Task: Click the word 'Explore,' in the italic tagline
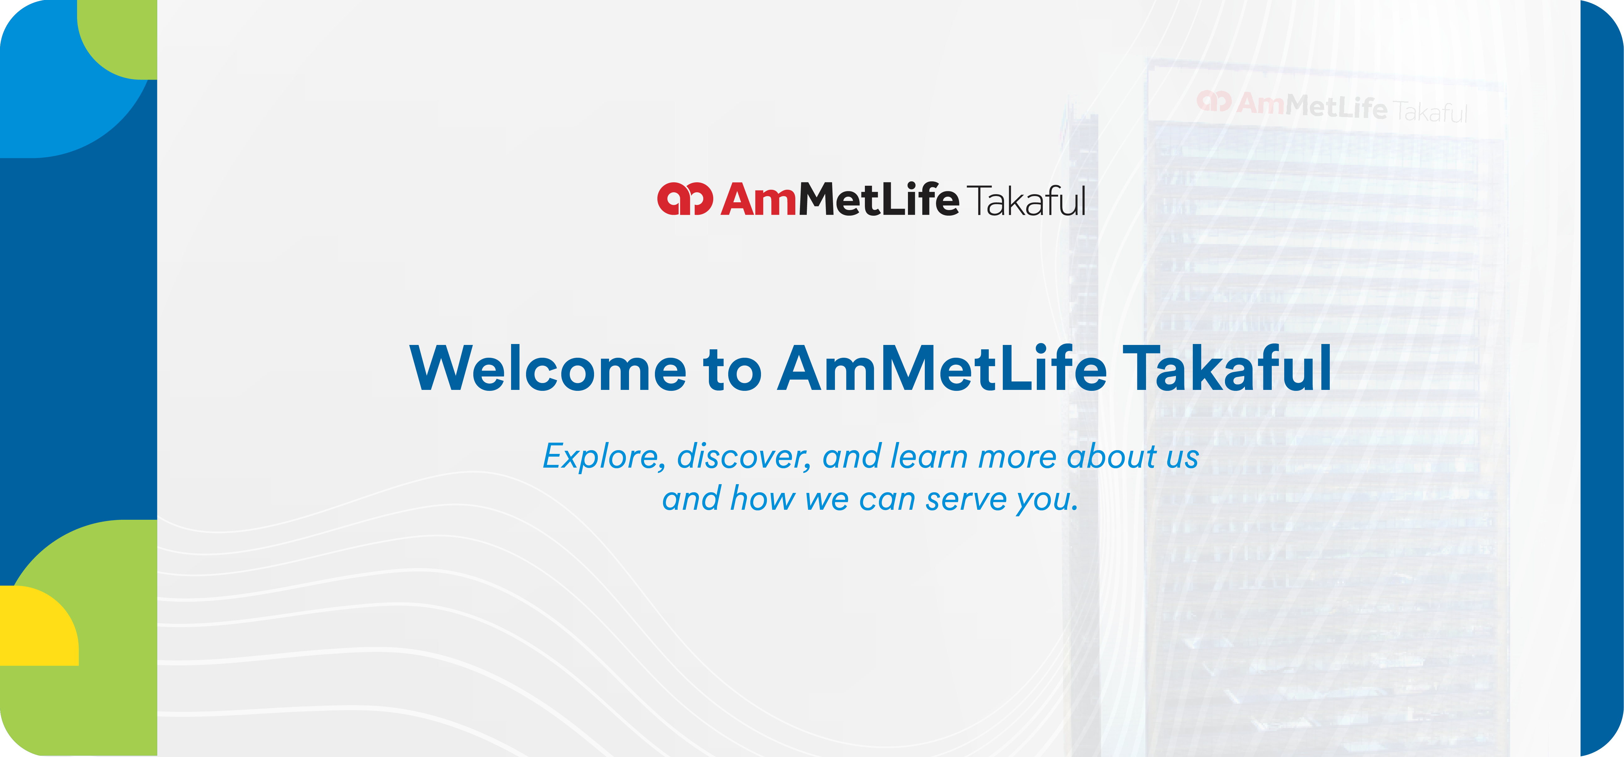coord(604,457)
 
